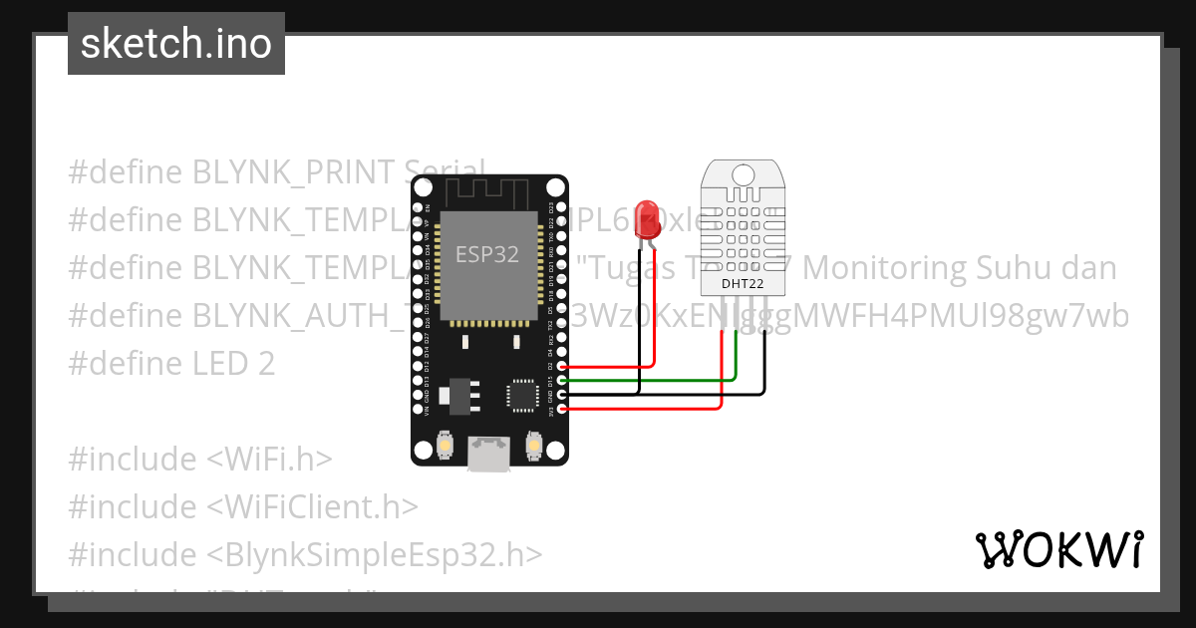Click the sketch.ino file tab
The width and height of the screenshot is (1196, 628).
(175, 44)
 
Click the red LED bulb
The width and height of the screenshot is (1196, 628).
(648, 221)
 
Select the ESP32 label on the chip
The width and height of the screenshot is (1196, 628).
(487, 254)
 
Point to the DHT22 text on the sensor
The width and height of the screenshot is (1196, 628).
(744, 284)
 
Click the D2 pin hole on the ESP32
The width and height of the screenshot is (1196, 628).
(561, 366)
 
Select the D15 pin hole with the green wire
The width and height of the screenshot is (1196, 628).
(561, 380)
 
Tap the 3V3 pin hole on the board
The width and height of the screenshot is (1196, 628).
(561, 409)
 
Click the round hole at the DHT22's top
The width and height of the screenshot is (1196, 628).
(744, 175)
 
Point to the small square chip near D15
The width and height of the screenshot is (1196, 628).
(521, 394)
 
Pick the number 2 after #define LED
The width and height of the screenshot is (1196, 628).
(266, 364)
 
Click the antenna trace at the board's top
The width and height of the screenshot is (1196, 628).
(489, 191)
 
